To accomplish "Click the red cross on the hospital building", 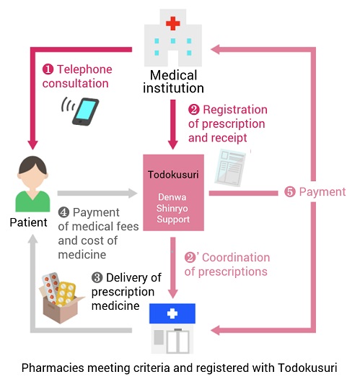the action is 173,23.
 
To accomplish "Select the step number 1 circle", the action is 48,69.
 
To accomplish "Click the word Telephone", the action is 84,69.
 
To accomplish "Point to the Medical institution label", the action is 173,82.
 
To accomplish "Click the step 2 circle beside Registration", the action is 194,110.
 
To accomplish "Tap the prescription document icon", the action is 230,168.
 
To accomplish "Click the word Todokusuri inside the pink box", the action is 173,175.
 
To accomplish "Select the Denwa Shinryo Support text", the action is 173,208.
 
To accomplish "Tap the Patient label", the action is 28,222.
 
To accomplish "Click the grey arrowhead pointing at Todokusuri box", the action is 133,194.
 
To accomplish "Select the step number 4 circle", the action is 63,212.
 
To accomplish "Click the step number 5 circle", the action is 290,192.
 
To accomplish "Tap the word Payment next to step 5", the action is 322,192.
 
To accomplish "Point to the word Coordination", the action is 236,258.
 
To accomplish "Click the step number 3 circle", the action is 97,278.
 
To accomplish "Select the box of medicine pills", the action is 61,298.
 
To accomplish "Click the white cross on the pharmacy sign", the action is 172,313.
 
